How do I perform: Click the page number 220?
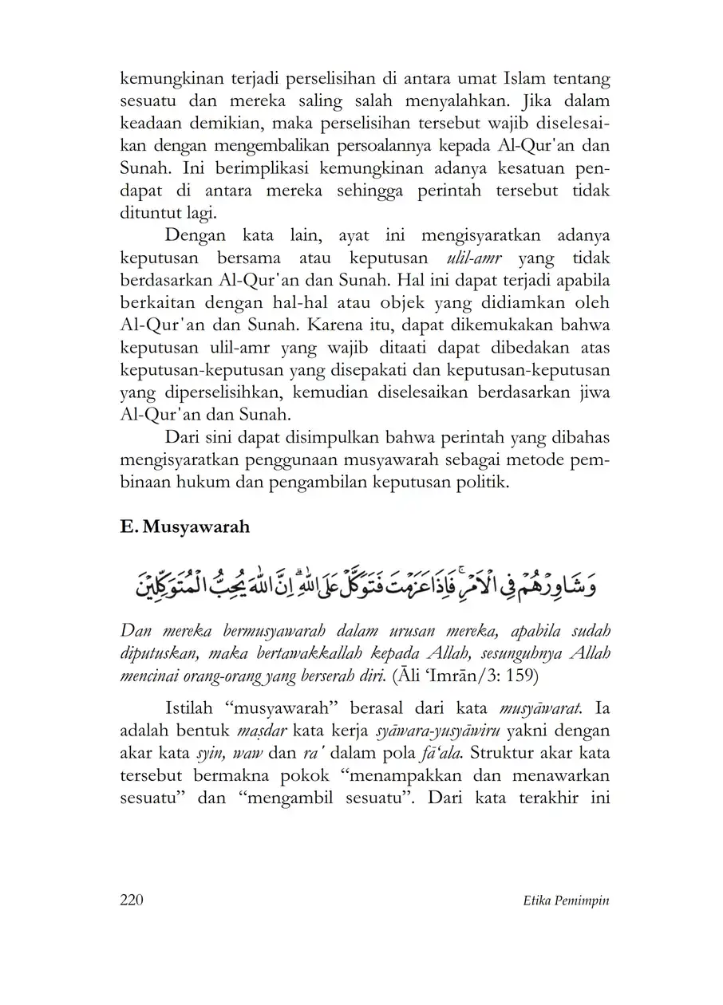click(131, 900)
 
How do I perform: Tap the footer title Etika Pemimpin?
click(563, 900)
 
